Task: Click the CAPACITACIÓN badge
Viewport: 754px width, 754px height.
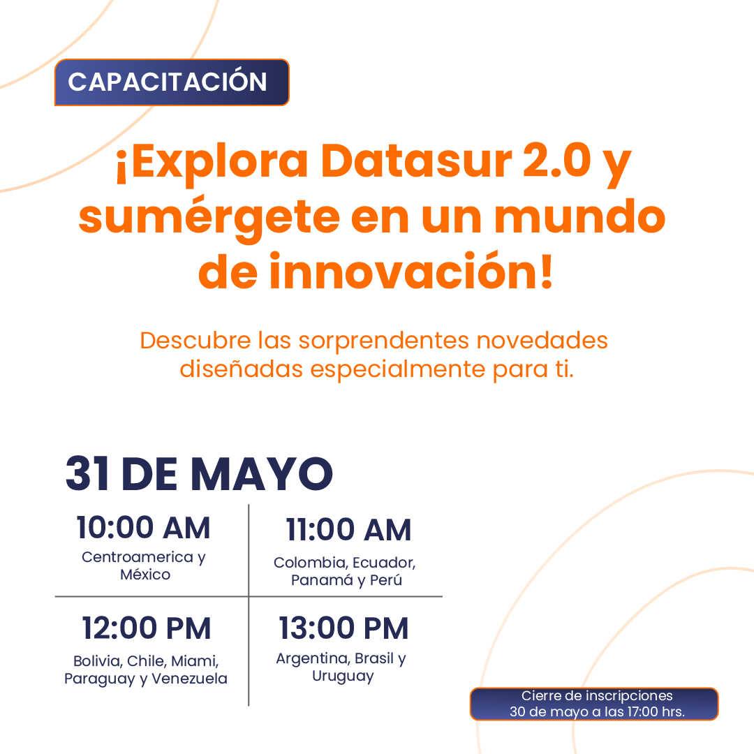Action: coord(172,82)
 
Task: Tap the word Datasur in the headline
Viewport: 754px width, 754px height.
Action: coord(416,161)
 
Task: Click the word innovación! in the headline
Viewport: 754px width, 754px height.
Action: coord(411,271)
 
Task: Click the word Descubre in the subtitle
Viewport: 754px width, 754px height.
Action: coord(195,341)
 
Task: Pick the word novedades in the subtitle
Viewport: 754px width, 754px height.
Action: coord(542,341)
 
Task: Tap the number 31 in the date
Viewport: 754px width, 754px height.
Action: coord(87,473)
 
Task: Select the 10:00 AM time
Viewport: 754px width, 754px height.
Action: coord(143,528)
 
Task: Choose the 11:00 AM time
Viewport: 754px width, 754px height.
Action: coord(348,530)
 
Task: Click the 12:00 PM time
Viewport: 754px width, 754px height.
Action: coord(146,628)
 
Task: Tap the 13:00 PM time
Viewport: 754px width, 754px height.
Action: coord(343,628)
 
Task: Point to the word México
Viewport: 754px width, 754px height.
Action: coord(145,575)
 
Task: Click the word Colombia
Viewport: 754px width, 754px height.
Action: coord(311,563)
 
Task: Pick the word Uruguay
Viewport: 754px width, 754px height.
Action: coord(343,677)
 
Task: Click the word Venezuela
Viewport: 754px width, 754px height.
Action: coord(189,679)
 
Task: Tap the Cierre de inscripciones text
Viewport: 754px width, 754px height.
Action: coord(597,696)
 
